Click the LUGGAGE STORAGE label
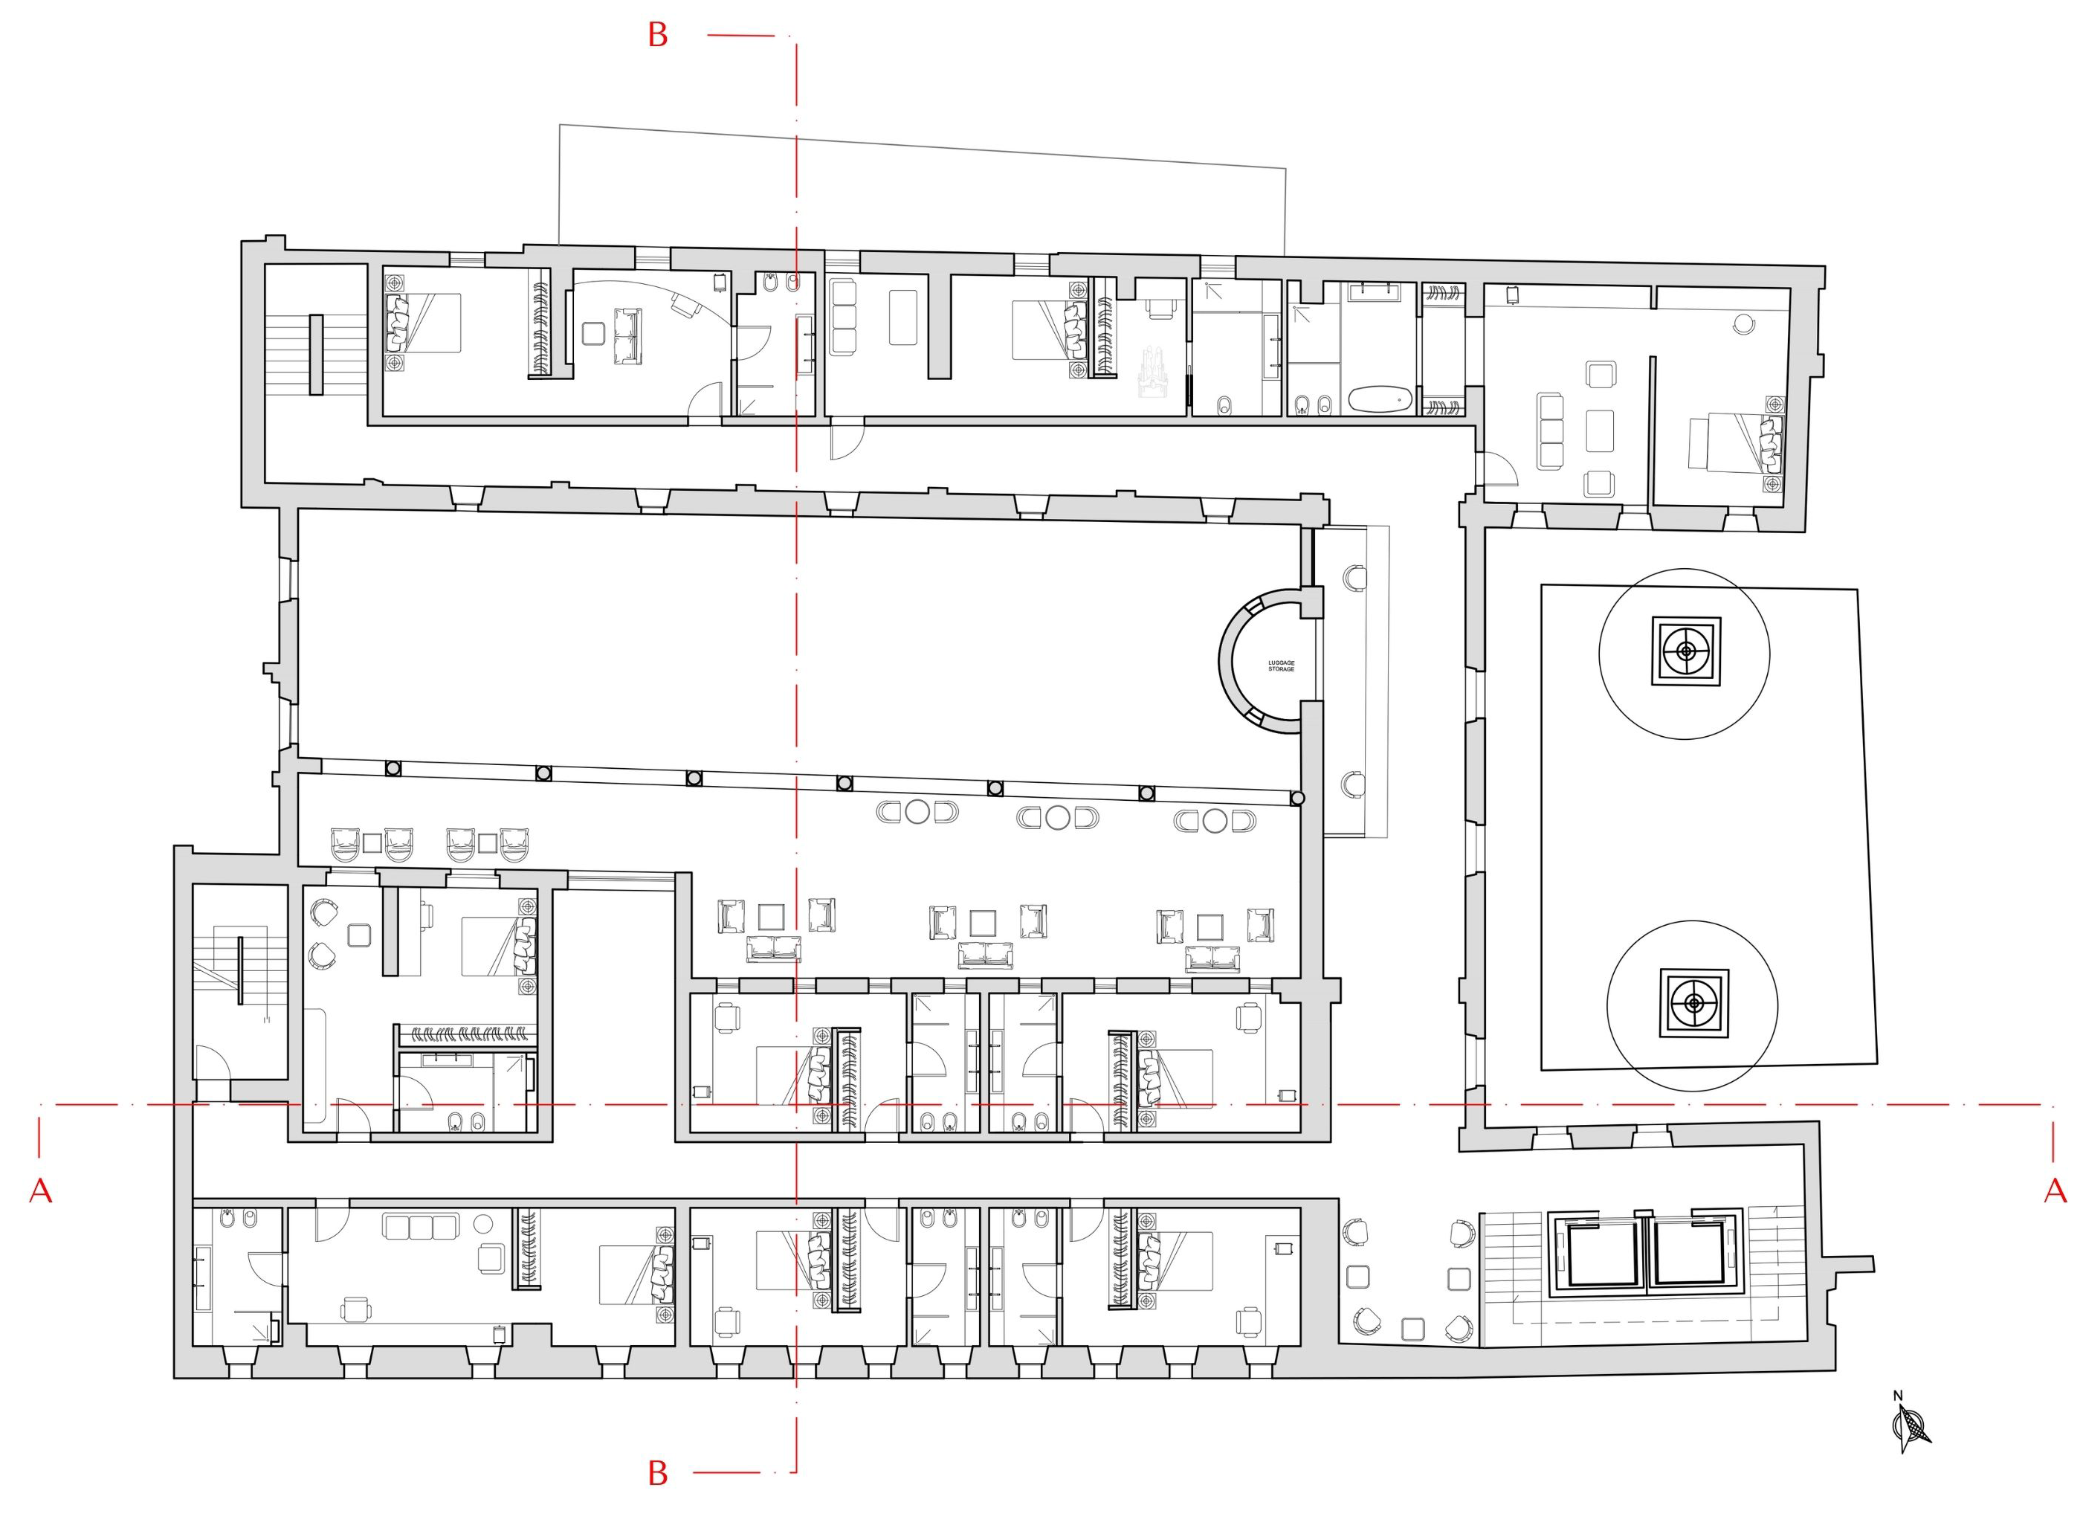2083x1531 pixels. pyautogui.click(x=1281, y=665)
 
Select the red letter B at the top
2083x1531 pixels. pyautogui.click(x=658, y=35)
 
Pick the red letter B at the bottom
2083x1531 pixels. pyautogui.click(x=658, y=1474)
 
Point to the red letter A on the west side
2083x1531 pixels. pyautogui.click(x=40, y=1191)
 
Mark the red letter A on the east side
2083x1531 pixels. pyautogui.click(x=2055, y=1191)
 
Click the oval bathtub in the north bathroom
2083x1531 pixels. pyautogui.click(x=1380, y=400)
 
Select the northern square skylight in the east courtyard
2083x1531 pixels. pyautogui.click(x=1685, y=651)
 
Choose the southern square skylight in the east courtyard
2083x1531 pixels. pyautogui.click(x=1693, y=1004)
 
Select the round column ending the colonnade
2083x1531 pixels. pyautogui.click(x=1297, y=798)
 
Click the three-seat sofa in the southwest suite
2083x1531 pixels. pyautogui.click(x=422, y=1227)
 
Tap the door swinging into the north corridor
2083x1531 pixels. pyautogui.click(x=847, y=439)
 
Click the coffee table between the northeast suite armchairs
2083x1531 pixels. pyautogui.click(x=1599, y=430)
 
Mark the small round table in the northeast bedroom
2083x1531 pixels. pyautogui.click(x=1744, y=323)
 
